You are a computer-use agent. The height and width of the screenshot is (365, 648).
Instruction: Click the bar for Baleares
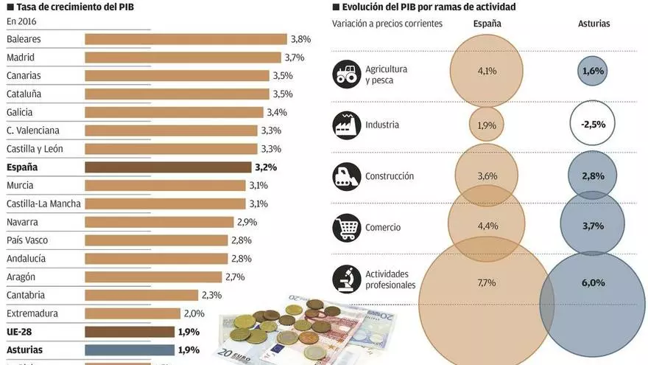point(186,39)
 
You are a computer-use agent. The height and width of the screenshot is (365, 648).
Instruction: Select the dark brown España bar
point(168,167)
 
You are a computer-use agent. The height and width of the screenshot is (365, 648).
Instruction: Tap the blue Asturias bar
point(129,350)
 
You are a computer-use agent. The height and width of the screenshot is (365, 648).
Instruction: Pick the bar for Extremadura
point(133,313)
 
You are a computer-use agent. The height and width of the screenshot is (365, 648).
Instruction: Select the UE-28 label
point(20,332)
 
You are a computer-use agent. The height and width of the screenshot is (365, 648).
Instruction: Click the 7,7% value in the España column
point(487,282)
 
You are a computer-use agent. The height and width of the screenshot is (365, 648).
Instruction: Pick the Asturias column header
point(594,24)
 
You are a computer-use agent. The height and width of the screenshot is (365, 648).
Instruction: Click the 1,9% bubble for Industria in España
point(487,125)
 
